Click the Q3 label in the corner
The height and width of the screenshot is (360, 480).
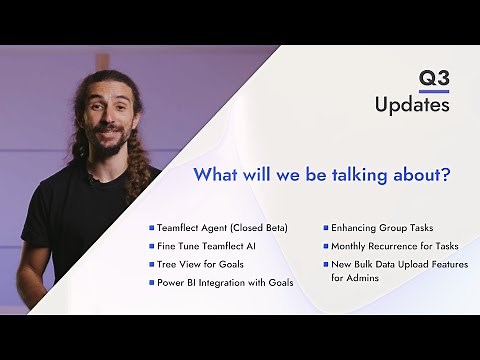(435, 80)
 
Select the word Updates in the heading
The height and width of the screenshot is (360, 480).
(411, 105)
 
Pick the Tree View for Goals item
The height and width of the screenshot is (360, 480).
(200, 264)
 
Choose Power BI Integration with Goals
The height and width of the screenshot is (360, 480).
(224, 283)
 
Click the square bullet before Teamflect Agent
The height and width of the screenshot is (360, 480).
(151, 228)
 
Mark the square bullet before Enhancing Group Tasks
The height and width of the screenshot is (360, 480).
(325, 228)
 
